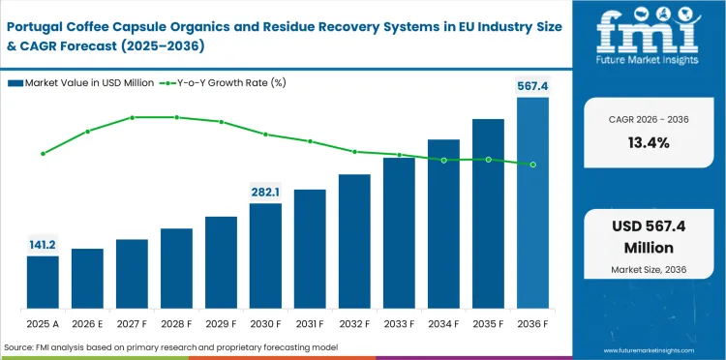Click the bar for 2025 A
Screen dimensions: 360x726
click(43, 282)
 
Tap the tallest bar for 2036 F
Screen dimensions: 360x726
click(532, 202)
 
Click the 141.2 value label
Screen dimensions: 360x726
click(43, 245)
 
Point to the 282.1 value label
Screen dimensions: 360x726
click(265, 192)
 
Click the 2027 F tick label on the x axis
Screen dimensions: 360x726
click(132, 322)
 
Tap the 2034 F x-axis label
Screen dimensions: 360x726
click(443, 322)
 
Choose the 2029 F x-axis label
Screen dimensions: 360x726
click(221, 322)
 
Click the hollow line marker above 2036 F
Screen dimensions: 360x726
click(532, 165)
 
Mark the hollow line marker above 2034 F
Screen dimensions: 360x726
click(443, 160)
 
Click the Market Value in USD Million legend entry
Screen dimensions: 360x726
click(82, 83)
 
